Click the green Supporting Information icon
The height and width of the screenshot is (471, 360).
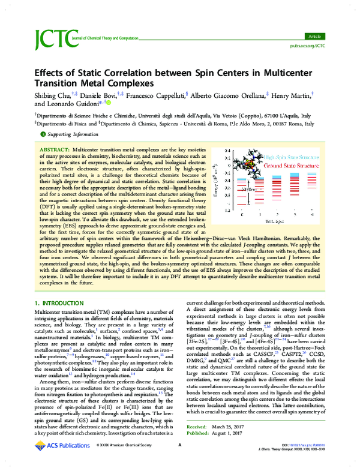43,134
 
